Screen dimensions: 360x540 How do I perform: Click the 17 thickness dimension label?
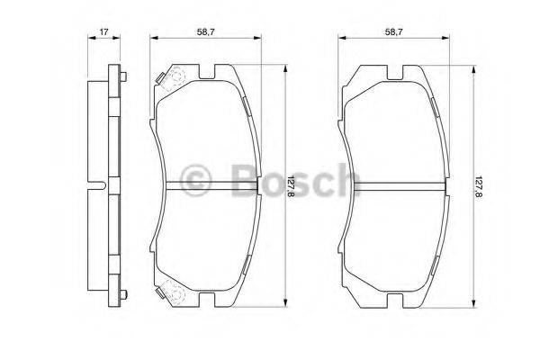click(x=104, y=33)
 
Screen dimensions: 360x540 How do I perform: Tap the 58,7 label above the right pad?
click(x=393, y=33)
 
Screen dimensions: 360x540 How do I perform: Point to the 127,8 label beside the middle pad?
click(x=290, y=187)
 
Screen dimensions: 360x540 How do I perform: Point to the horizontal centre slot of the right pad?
click(x=395, y=187)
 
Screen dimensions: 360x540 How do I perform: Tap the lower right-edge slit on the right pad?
click(x=437, y=265)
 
